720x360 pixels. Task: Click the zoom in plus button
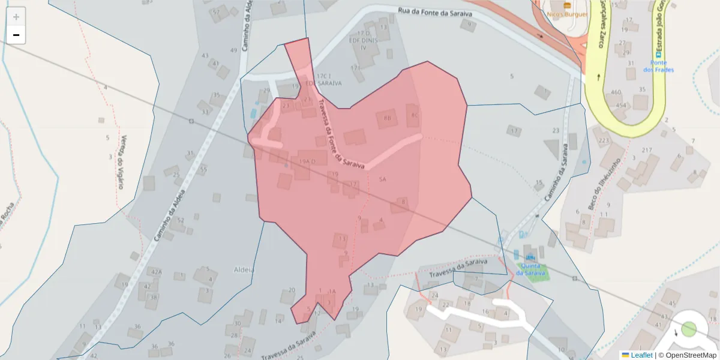point(16,17)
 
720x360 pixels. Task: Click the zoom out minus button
point(16,35)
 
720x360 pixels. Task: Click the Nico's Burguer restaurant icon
point(567,5)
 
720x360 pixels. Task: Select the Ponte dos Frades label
point(658,66)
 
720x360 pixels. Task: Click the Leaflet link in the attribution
point(641,355)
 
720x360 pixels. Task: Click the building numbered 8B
point(386,118)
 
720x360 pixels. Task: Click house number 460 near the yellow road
point(616,92)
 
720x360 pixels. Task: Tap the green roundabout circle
point(689,329)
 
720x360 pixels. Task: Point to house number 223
point(603,141)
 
